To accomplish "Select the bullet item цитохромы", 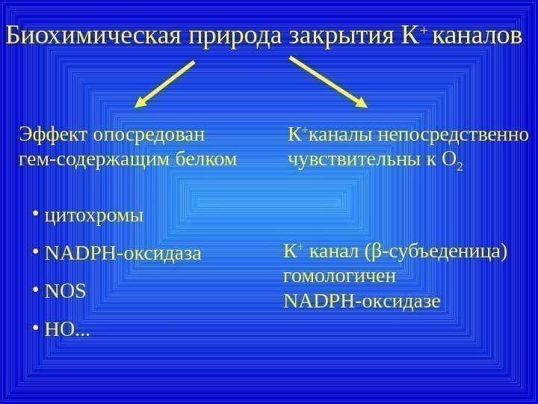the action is [x=93, y=217].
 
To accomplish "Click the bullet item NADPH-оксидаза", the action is [x=123, y=253].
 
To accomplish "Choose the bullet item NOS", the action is [x=66, y=290].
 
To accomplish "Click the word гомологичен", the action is [x=340, y=275].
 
